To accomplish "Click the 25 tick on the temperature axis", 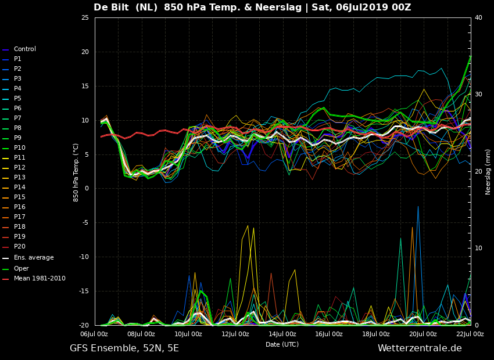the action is click(x=85, y=17).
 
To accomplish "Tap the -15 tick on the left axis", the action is click(x=84, y=291).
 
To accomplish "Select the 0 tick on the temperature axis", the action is click(x=87, y=189).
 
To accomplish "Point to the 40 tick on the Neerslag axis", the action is click(x=478, y=17).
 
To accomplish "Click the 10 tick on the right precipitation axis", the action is click(x=478, y=249).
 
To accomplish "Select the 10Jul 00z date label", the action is click(x=188, y=334).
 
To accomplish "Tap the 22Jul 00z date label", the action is click(x=470, y=334).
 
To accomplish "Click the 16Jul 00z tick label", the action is click(x=329, y=334).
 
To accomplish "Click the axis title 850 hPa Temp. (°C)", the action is click(x=76, y=172).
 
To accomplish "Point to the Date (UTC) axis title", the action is click(x=282, y=344).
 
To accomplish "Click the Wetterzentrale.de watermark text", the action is click(x=420, y=348).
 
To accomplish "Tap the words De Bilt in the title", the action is click(x=111, y=7).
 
